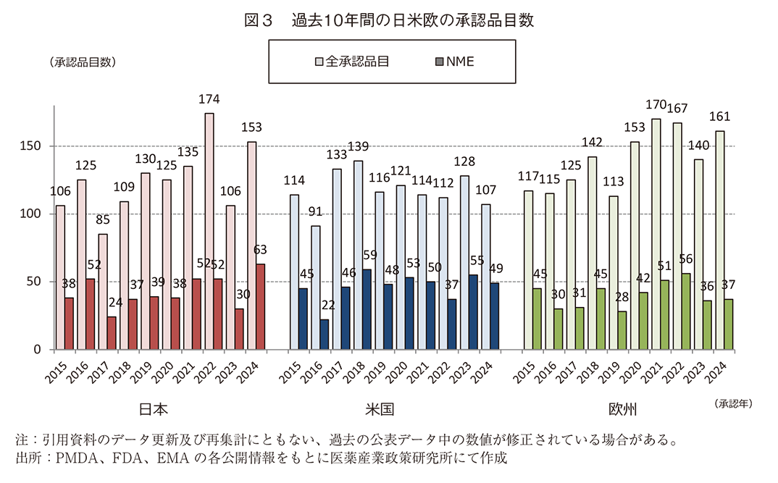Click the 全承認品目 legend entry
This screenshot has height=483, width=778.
(358, 62)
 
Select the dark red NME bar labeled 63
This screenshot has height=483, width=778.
(260, 306)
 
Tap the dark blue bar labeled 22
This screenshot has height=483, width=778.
(325, 334)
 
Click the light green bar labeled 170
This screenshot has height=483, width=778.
(656, 234)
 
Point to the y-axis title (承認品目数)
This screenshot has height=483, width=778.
(83, 62)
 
